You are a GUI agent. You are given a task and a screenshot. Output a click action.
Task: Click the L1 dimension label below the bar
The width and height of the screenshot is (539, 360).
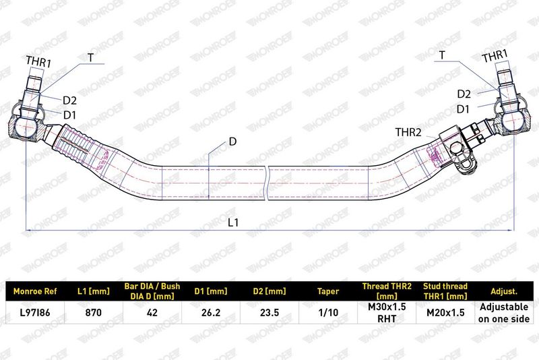pyautogui.click(x=233, y=222)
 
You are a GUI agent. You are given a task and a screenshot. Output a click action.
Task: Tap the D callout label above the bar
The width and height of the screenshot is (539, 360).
pyautogui.click(x=232, y=142)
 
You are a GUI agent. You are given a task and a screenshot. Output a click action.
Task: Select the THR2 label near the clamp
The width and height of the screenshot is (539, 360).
pyautogui.click(x=408, y=132)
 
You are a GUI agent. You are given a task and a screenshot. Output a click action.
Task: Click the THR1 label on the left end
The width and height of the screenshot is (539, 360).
pyautogui.click(x=38, y=62)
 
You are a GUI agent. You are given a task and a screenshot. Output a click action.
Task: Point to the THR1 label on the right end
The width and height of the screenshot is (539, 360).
pyautogui.click(x=495, y=56)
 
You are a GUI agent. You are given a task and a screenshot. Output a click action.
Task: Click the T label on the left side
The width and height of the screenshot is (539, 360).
pyautogui.click(x=90, y=57)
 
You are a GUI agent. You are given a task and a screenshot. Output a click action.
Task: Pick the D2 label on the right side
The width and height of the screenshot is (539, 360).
pyautogui.click(x=464, y=94)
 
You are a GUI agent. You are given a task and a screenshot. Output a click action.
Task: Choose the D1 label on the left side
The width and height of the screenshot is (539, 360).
pyautogui.click(x=70, y=115)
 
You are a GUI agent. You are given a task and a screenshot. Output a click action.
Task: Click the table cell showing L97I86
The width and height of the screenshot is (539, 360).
pyautogui.click(x=35, y=313)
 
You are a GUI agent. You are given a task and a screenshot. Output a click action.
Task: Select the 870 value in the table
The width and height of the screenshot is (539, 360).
pyautogui.click(x=94, y=313)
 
